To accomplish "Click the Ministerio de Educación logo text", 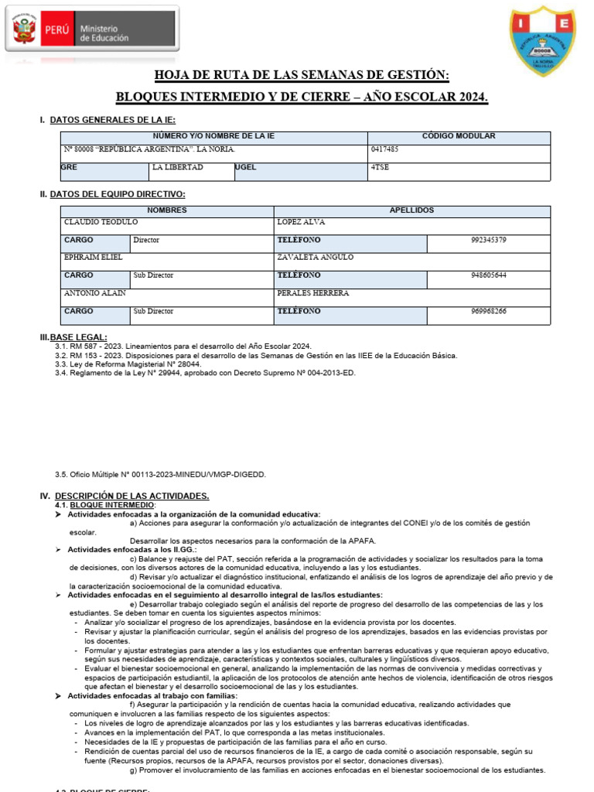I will click(x=103, y=33).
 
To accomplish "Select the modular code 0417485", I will click(x=385, y=149).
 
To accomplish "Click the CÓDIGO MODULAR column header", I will click(x=459, y=136).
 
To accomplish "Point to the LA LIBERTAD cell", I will click(x=178, y=167).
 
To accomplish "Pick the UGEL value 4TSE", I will click(x=381, y=167).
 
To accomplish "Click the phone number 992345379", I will click(x=488, y=240).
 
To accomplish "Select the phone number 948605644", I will click(x=488, y=275).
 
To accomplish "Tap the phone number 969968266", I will click(x=488, y=311).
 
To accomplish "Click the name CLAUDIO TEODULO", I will click(x=101, y=222).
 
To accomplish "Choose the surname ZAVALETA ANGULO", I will click(x=315, y=257).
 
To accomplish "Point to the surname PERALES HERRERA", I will click(x=313, y=293).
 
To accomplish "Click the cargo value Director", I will click(x=146, y=240).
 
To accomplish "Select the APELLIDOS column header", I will click(x=411, y=210).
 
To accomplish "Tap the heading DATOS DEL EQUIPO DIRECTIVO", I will click(x=117, y=194).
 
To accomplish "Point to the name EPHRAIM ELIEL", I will click(x=94, y=257).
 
